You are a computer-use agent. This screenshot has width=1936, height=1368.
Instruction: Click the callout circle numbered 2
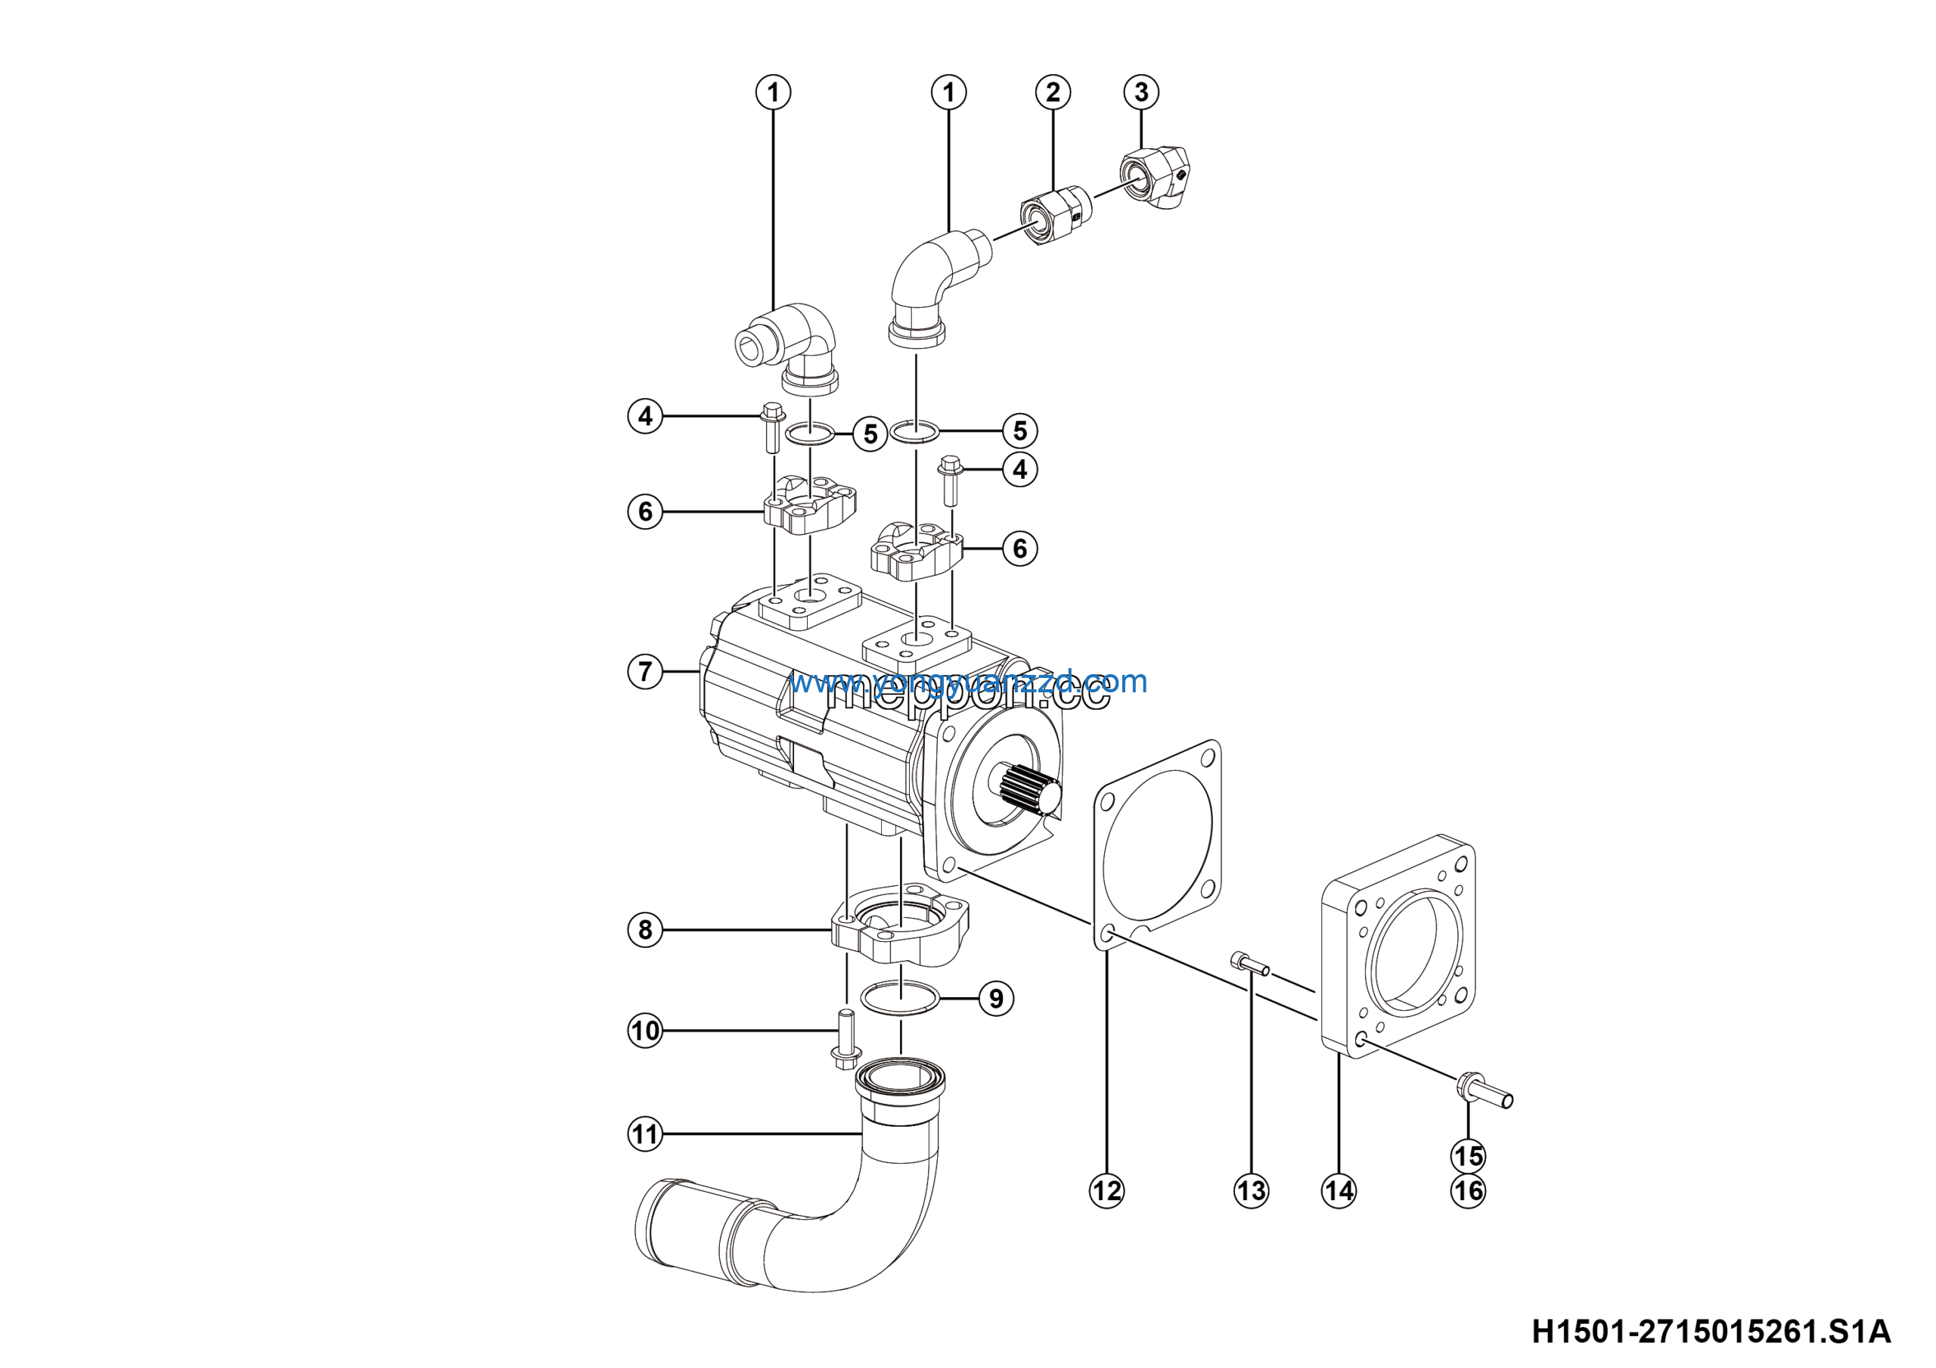tap(1052, 92)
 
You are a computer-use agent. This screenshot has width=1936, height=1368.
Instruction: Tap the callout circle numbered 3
tap(1141, 91)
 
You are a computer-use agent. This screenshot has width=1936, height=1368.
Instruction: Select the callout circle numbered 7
tap(645, 671)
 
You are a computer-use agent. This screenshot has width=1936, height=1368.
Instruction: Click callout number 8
tap(645, 929)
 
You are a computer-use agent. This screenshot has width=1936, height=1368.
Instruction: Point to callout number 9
tap(996, 999)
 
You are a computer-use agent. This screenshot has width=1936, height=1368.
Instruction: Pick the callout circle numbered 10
tap(645, 1031)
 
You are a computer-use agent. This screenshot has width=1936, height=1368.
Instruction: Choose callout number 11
tap(645, 1134)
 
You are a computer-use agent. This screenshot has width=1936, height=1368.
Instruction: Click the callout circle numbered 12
tap(1106, 1191)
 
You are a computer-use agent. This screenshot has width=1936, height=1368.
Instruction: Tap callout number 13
tap(1251, 1191)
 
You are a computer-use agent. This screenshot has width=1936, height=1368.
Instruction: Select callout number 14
tap(1338, 1191)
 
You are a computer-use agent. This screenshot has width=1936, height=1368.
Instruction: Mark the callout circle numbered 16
tap(1468, 1191)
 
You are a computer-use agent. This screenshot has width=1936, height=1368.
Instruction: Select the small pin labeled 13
tap(1249, 963)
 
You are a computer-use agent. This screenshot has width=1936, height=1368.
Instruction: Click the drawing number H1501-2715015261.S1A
tap(1711, 1332)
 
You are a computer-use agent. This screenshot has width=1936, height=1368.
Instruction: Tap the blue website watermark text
tap(968, 681)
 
